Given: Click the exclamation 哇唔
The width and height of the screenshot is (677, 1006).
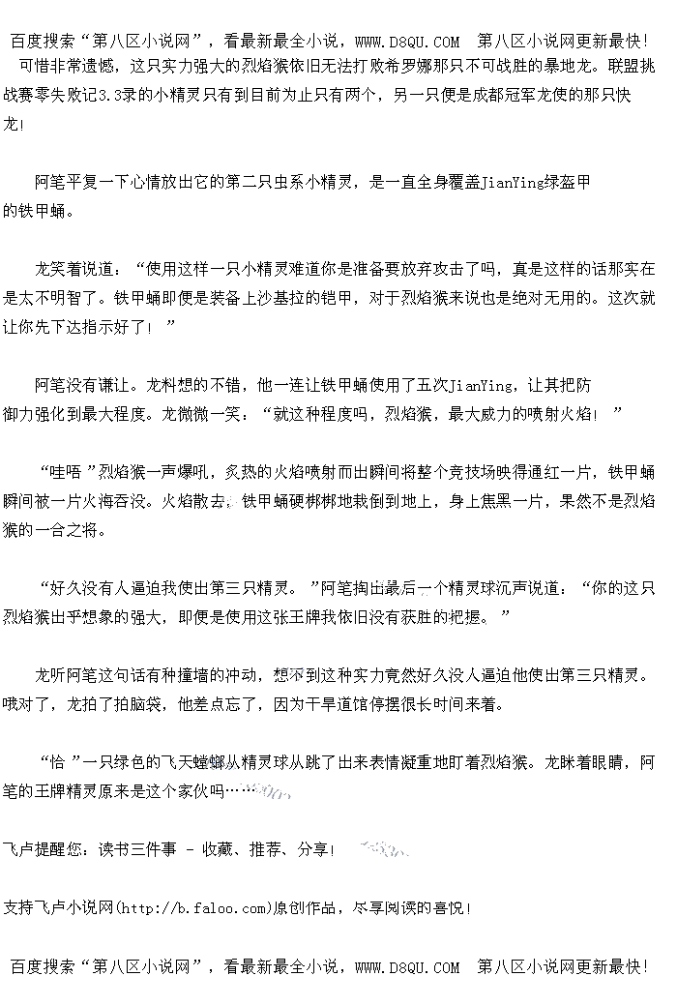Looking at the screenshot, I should pyautogui.click(x=66, y=472).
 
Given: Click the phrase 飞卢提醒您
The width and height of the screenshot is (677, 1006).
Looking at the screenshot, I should pyautogui.click(x=45, y=850).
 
